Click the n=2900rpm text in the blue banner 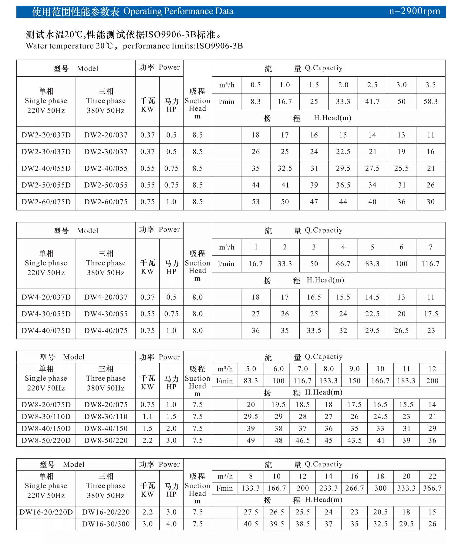(414, 11)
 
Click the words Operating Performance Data (178, 11)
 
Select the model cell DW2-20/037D (46, 135)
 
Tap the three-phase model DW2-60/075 (106, 202)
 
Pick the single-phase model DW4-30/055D (46, 314)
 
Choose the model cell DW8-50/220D (46, 441)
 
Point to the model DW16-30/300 (106, 524)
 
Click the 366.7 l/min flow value (432, 488)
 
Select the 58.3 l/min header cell (431, 102)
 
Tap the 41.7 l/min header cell (372, 102)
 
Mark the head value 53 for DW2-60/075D (256, 202)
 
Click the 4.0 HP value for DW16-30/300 (171, 524)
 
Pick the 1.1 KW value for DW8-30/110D (147, 417)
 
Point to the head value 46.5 (303, 441)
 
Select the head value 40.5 (251, 524)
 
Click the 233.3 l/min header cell (329, 488)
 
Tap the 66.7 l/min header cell (343, 264)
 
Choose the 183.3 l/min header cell (406, 381)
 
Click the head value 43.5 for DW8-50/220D (354, 441)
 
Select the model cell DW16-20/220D (46, 512)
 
